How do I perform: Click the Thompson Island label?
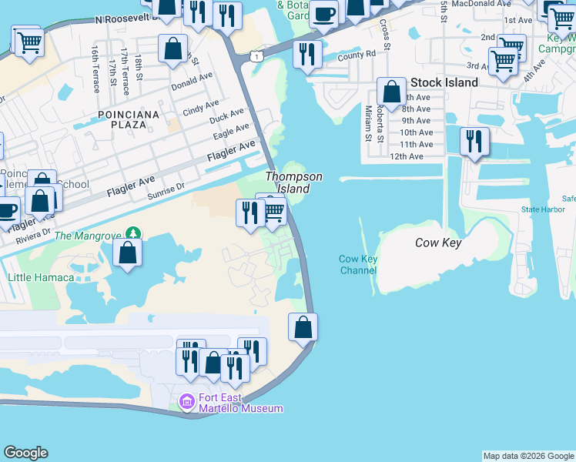[293, 182]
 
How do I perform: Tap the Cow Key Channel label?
[358, 265]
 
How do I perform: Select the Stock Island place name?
[444, 82]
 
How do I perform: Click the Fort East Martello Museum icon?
[186, 402]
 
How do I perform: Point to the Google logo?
[25, 453]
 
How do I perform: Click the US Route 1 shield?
[254, 56]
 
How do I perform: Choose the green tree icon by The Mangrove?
[135, 233]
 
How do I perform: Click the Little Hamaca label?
[41, 277]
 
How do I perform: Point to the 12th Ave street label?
[407, 156]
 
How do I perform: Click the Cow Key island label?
[438, 243]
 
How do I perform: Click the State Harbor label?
[541, 209]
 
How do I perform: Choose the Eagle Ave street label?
[230, 132]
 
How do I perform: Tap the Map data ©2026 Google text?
[528, 456]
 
